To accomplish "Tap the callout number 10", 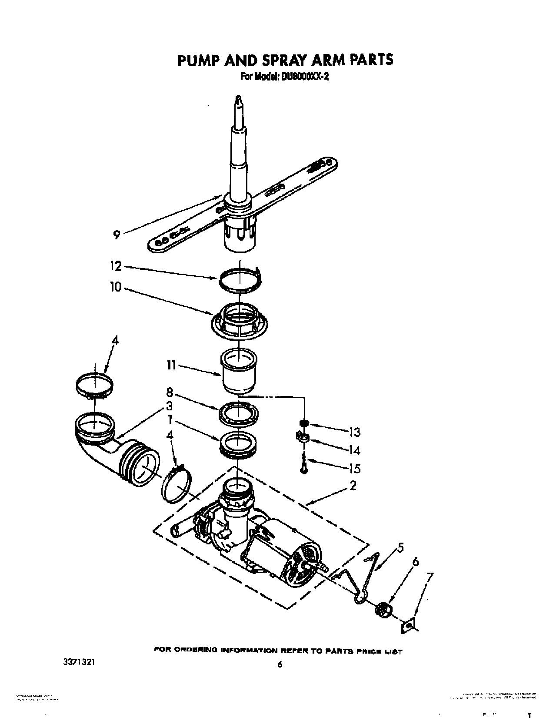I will tap(116, 288).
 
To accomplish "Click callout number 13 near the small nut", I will tap(354, 432).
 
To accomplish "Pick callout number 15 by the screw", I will tap(354, 469).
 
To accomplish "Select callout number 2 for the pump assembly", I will tap(353, 486).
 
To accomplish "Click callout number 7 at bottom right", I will tap(430, 578).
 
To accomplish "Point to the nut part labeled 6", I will tap(383, 608).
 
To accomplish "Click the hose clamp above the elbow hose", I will tap(94, 384).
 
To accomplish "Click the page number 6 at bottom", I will tap(280, 665).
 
